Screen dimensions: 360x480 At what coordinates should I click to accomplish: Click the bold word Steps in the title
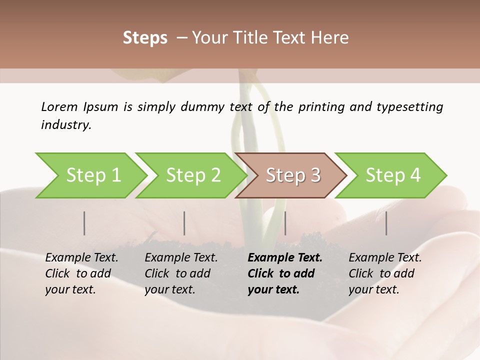[x=145, y=38]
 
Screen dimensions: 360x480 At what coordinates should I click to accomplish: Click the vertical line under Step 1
[x=84, y=223]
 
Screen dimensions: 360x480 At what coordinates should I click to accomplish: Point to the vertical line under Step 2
[x=184, y=223]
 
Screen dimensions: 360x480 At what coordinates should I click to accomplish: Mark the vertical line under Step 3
[x=285, y=223]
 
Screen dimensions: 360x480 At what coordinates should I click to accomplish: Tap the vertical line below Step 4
[x=386, y=223]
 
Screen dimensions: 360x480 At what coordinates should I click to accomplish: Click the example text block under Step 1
[x=81, y=273]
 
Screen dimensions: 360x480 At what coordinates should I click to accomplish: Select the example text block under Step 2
[x=181, y=273]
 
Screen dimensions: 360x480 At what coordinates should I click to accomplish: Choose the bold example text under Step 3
[x=285, y=273]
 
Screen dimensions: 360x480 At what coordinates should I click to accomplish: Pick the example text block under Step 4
[x=385, y=273]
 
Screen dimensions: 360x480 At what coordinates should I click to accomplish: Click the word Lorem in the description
[x=59, y=107]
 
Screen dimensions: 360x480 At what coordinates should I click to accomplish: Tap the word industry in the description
[x=66, y=125]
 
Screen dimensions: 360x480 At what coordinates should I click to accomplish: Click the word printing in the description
[x=320, y=107]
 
